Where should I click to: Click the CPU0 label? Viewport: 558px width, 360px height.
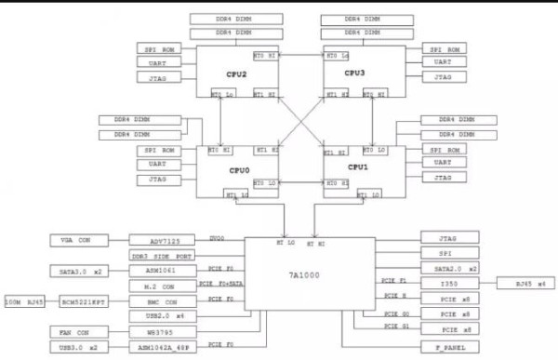(x=240, y=170)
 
